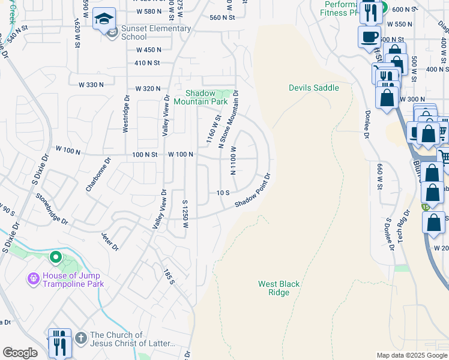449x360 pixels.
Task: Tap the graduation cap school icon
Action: click(104, 19)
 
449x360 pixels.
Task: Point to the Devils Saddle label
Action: click(313, 88)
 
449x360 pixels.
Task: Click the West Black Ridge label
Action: click(279, 288)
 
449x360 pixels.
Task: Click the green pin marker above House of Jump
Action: click(56, 257)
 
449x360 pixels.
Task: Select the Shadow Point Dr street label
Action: click(253, 191)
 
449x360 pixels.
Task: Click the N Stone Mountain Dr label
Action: click(229, 119)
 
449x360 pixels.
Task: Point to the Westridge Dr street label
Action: click(126, 113)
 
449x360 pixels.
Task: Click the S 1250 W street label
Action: click(185, 215)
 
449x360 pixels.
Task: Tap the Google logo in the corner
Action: click(20, 353)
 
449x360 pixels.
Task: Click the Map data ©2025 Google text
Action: click(411, 355)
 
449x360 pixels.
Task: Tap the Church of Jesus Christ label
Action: click(132, 340)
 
